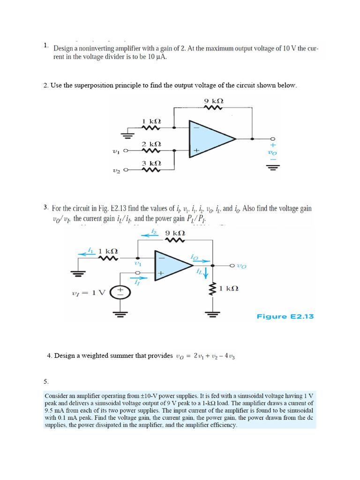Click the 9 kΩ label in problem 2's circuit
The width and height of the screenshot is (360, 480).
214,101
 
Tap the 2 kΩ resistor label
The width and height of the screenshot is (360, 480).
151,143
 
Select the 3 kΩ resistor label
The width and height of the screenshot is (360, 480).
151,163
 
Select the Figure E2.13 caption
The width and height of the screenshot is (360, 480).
285,316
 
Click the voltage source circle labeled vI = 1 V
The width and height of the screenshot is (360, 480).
120,292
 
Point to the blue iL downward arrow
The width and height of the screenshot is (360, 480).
206,273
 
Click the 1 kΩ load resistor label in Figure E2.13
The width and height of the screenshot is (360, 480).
229,288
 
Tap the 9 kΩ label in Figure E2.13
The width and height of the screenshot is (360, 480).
175,233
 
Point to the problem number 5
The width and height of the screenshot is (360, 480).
46,382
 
